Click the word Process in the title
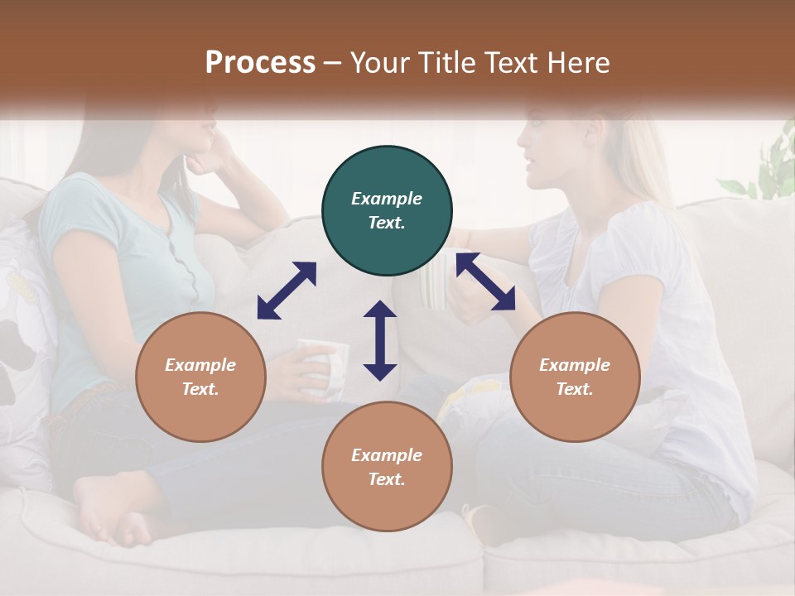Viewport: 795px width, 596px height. (x=260, y=63)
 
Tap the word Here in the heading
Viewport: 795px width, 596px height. (x=577, y=63)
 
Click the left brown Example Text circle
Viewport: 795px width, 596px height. (x=200, y=377)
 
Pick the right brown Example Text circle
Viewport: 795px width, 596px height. (x=575, y=377)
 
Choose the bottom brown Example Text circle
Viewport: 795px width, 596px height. (x=387, y=467)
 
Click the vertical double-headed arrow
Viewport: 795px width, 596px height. (x=380, y=340)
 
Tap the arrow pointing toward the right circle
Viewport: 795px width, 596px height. (x=486, y=281)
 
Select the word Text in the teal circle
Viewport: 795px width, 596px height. (x=387, y=223)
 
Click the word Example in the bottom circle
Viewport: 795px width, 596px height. (x=387, y=455)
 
